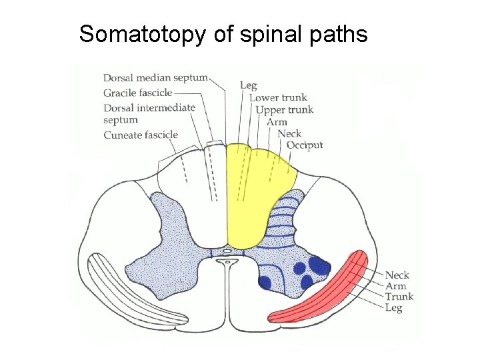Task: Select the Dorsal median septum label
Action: click(x=155, y=79)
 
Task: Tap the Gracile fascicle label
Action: click(x=137, y=93)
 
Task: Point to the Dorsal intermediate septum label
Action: click(x=149, y=113)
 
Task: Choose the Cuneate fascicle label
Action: click(x=141, y=135)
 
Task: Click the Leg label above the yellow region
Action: click(x=249, y=85)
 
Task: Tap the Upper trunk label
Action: click(x=285, y=110)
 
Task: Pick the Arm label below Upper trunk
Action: click(x=277, y=122)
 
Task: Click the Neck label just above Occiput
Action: click(x=289, y=133)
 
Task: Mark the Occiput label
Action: click(x=305, y=145)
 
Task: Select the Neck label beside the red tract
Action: click(x=397, y=275)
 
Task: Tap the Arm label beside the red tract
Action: click(x=395, y=286)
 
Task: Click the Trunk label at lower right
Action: click(x=399, y=297)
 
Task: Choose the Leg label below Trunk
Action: click(x=393, y=307)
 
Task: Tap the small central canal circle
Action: click(x=227, y=263)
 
